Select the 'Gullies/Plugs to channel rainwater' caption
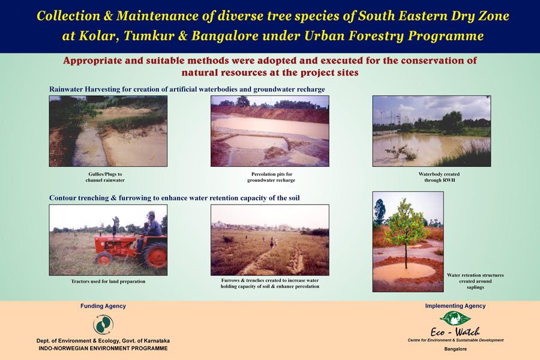pyautogui.click(x=105, y=177)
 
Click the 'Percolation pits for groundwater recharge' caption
pyautogui.click(x=271, y=177)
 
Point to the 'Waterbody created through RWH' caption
pyautogui.click(x=439, y=177)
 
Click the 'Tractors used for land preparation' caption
pyautogui.click(x=108, y=281)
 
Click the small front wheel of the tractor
pyautogui.click(x=104, y=259)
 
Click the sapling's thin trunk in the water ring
pyautogui.click(x=406, y=254)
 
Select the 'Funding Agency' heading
pyautogui.click(x=103, y=306)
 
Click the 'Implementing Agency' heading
pyautogui.click(x=455, y=306)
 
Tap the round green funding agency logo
pyautogui.click(x=103, y=325)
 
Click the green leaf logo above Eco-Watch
pyautogui.click(x=455, y=318)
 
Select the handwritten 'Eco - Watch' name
pyautogui.click(x=455, y=332)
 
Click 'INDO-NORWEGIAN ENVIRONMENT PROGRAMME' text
pyautogui.click(x=103, y=348)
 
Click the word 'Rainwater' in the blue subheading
pyautogui.click(x=66, y=89)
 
